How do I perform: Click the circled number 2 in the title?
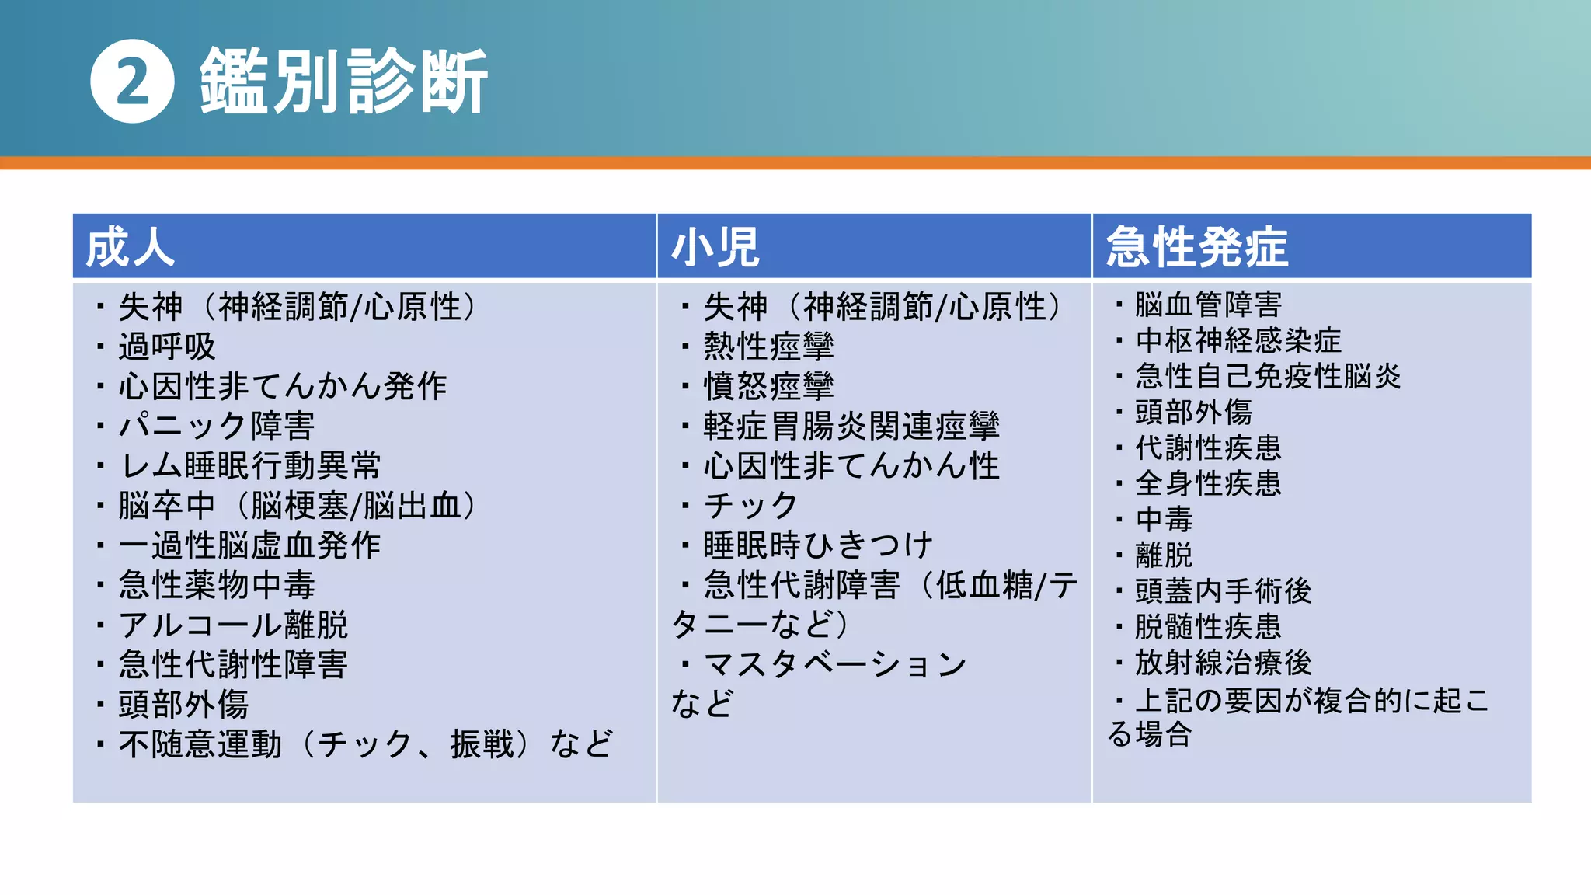(132, 82)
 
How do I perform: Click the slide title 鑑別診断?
(343, 82)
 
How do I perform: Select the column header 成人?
(131, 248)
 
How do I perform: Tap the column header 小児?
(715, 248)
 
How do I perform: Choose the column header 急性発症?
(1197, 248)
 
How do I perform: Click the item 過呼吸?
(166, 347)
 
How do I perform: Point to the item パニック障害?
(216, 426)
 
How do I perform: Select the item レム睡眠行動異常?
(249, 466)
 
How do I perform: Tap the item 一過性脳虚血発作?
(249, 545)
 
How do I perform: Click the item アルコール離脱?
(233, 625)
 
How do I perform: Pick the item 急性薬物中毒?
(216, 585)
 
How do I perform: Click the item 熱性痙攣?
(768, 347)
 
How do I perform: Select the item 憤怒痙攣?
(768, 386)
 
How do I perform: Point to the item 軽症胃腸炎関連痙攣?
(851, 426)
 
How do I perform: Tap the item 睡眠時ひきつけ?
(817, 545)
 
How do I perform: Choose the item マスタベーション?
(834, 665)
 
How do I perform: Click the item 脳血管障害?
(1208, 305)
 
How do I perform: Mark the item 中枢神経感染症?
(1238, 340)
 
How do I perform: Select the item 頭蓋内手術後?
(1223, 591)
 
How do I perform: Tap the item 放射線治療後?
(1223, 663)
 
